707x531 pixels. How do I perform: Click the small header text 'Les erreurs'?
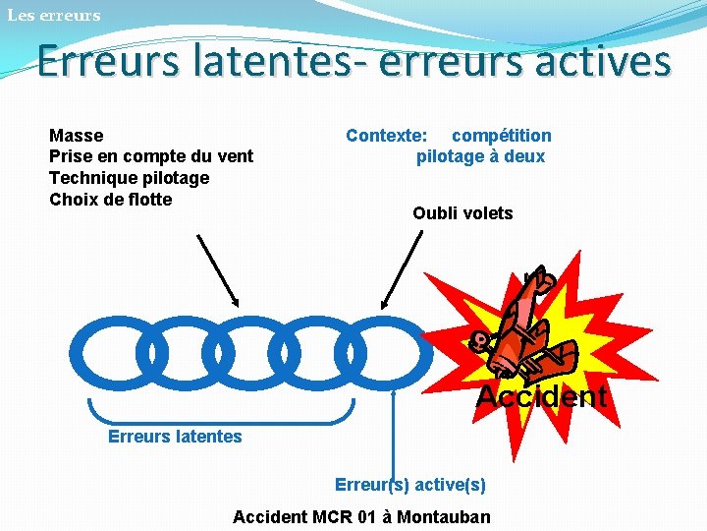[x=53, y=15]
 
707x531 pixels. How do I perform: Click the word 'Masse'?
[x=76, y=136]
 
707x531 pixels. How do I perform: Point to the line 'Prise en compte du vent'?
[x=150, y=156]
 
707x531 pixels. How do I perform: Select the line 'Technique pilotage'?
[x=129, y=178]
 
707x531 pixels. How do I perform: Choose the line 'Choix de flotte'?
[x=110, y=200]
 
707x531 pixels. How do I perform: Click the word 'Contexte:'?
[x=386, y=136]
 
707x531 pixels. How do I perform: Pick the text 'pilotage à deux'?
[x=480, y=156]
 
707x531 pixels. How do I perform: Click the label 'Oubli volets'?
[x=462, y=213]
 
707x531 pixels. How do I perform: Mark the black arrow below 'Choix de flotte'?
[x=218, y=270]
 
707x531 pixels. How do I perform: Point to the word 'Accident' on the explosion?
[x=541, y=396]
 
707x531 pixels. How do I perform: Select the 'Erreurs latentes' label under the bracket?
[x=175, y=437]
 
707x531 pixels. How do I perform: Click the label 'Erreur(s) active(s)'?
[x=410, y=485]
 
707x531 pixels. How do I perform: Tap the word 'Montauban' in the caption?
[x=443, y=517]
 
